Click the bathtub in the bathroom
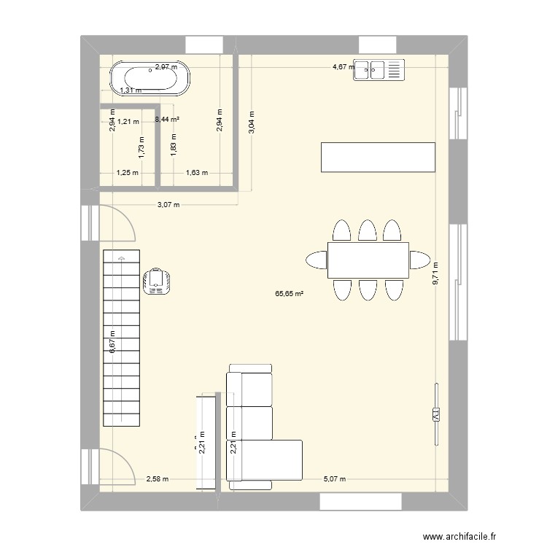(x=151, y=78)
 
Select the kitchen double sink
(x=379, y=70)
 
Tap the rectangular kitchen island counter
(x=378, y=158)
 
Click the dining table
(x=368, y=260)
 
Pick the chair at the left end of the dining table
(x=317, y=260)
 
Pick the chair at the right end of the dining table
(x=420, y=260)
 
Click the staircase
(x=120, y=338)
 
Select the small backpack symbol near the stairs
(x=157, y=281)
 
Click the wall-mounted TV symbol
(x=437, y=414)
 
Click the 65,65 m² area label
(x=290, y=295)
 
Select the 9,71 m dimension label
(x=435, y=274)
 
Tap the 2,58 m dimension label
(x=157, y=479)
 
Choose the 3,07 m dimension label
(x=168, y=205)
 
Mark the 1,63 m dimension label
(x=197, y=173)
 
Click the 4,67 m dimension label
(x=343, y=67)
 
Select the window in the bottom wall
(x=360, y=501)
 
